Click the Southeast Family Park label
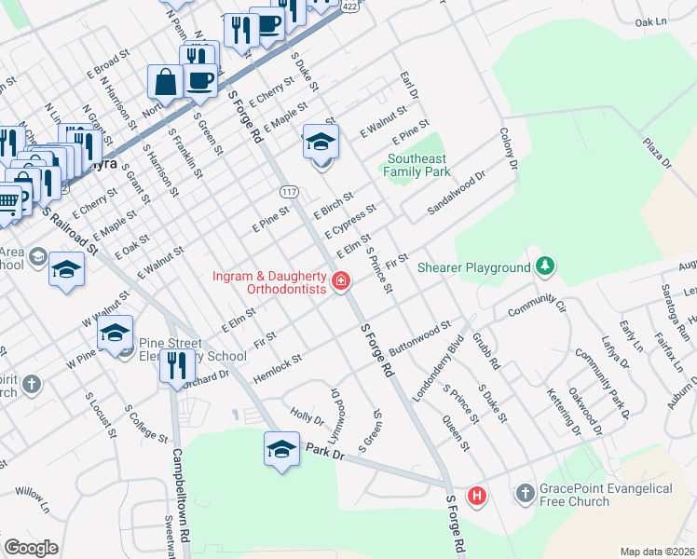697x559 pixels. point(418,165)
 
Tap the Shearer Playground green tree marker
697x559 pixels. point(546,267)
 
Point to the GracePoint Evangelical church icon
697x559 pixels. point(526,491)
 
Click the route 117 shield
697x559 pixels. point(290,190)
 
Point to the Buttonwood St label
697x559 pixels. point(420,334)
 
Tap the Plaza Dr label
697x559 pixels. point(657,150)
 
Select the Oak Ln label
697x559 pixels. point(651,21)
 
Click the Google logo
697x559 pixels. point(31,548)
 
